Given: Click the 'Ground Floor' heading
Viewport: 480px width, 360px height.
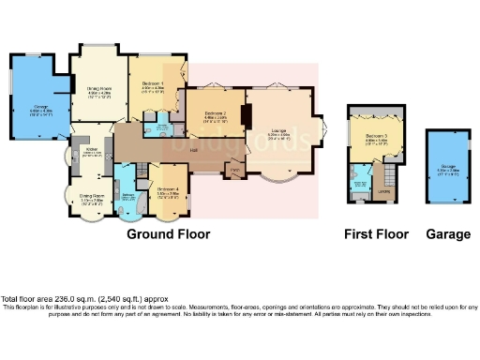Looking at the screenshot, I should click(x=168, y=233).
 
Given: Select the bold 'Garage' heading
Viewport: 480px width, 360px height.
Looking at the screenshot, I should click(x=447, y=233).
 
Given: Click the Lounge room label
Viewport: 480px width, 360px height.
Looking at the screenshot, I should click(x=277, y=132).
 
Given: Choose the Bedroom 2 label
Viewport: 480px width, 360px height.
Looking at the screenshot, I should click(x=217, y=115).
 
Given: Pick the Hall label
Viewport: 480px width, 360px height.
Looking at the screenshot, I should click(x=192, y=151).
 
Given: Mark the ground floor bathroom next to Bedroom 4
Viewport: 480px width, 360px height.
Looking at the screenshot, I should click(x=127, y=194).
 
